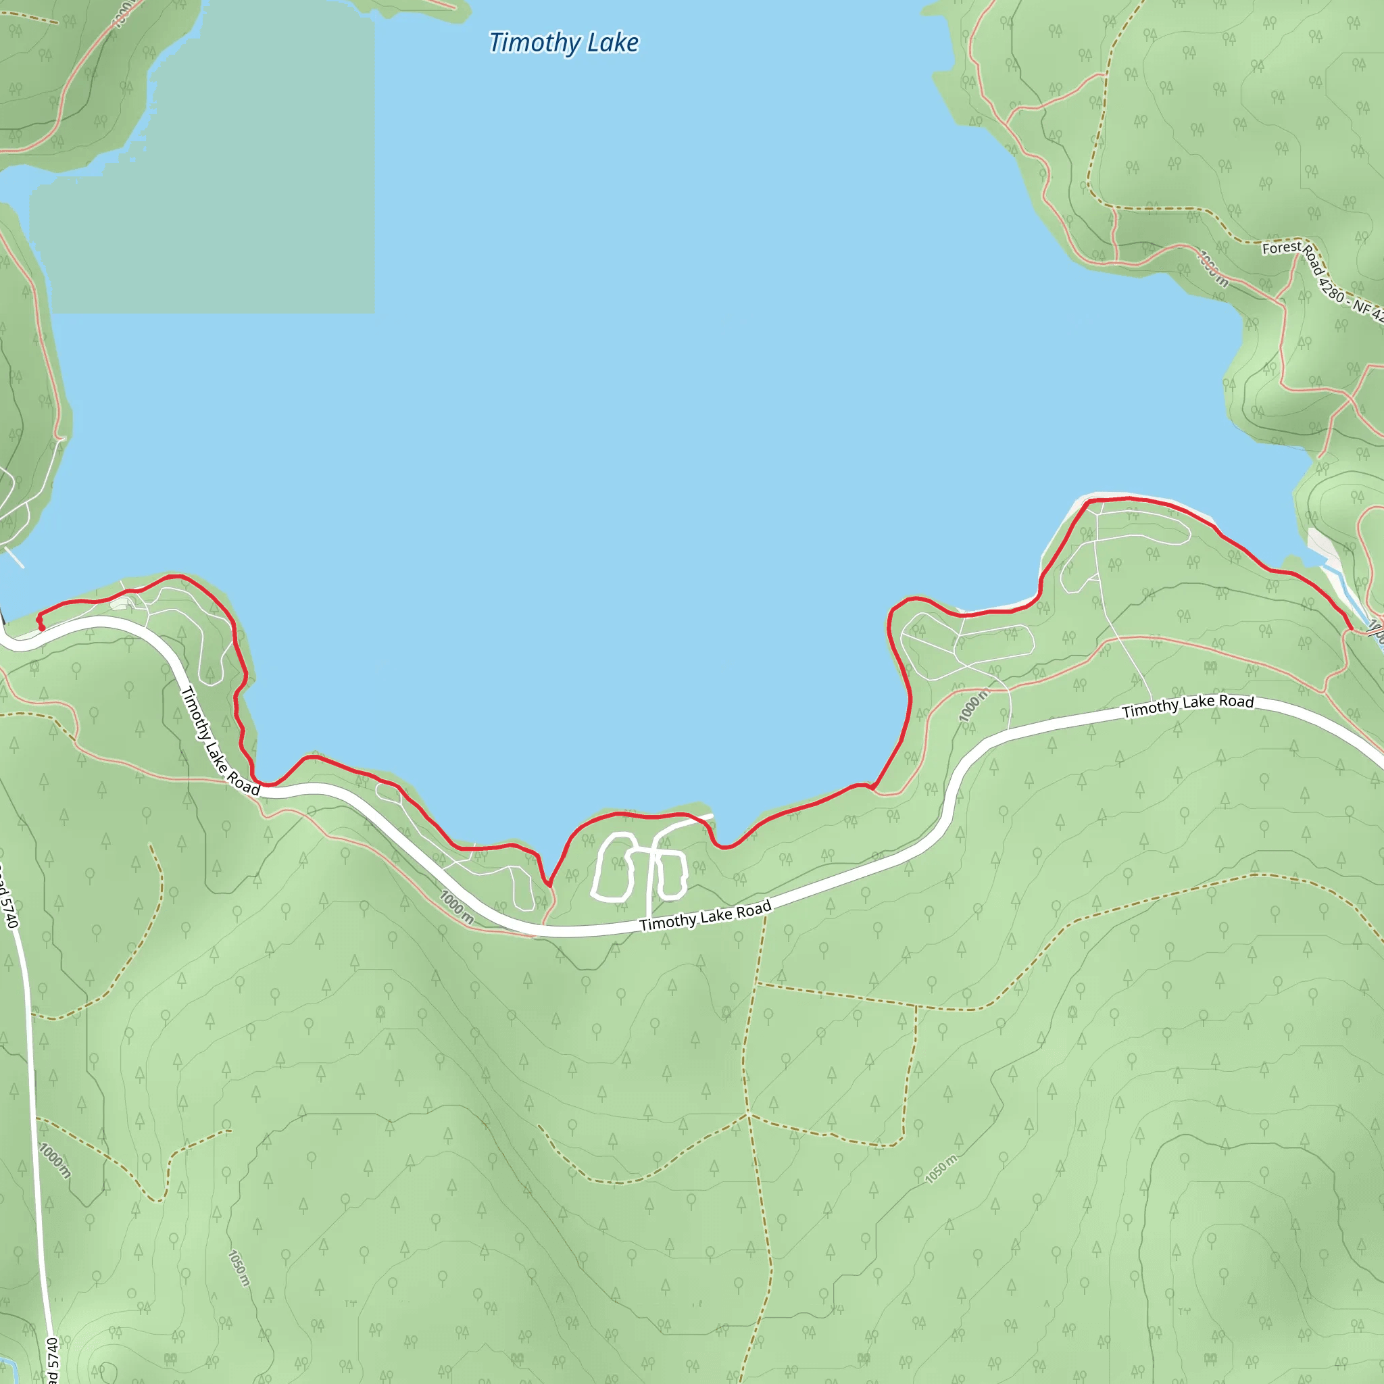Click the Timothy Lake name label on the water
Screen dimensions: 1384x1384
click(x=564, y=43)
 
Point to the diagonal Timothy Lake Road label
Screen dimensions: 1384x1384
click(x=219, y=741)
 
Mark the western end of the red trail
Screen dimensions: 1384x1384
click(x=41, y=628)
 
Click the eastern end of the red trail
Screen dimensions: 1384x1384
click(x=1351, y=629)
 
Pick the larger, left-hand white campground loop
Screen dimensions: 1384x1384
click(x=614, y=866)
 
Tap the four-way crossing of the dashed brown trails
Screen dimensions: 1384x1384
click(x=749, y=1114)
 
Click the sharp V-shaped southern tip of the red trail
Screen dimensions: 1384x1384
click(x=549, y=885)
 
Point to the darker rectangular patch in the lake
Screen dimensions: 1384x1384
click(x=207, y=179)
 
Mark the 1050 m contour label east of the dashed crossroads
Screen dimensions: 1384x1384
click(x=941, y=1169)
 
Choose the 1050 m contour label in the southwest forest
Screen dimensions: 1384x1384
click(x=239, y=1268)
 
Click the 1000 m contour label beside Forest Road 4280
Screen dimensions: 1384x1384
click(x=1213, y=269)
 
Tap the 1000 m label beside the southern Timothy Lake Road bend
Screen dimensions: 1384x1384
click(x=456, y=907)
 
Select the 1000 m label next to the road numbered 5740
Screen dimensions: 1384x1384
click(x=55, y=1160)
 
